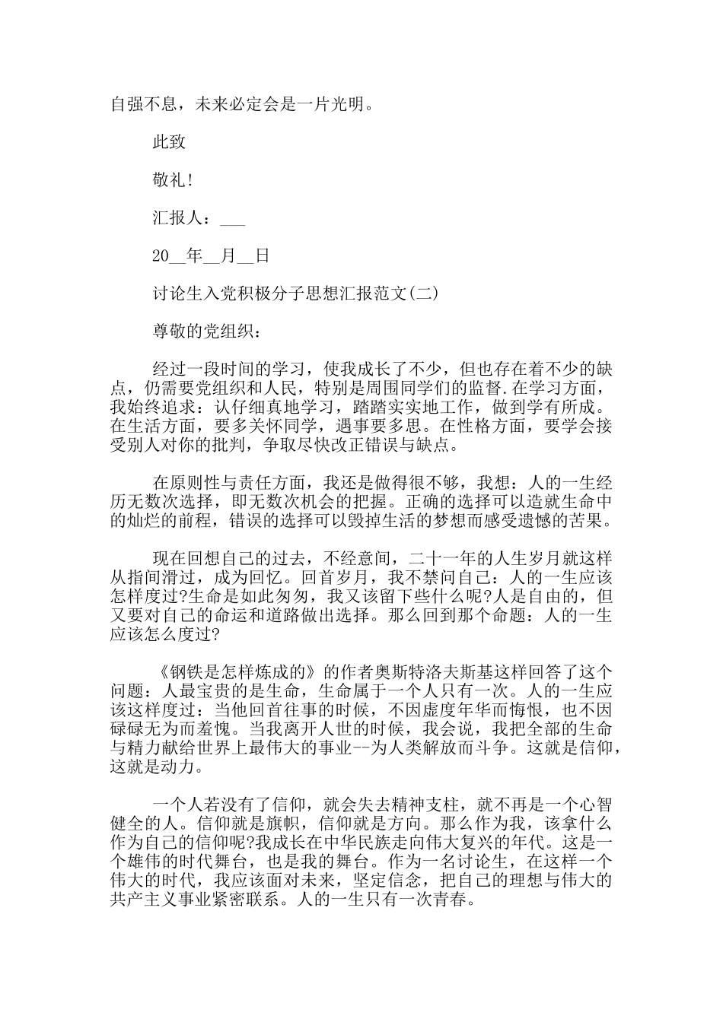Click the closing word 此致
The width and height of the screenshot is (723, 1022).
[169, 141]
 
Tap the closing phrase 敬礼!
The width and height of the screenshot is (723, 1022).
[172, 179]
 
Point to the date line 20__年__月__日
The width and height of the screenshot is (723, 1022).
[211, 255]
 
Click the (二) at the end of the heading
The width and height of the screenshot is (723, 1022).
[424, 294]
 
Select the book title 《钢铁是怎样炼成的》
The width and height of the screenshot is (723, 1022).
[234, 671]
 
